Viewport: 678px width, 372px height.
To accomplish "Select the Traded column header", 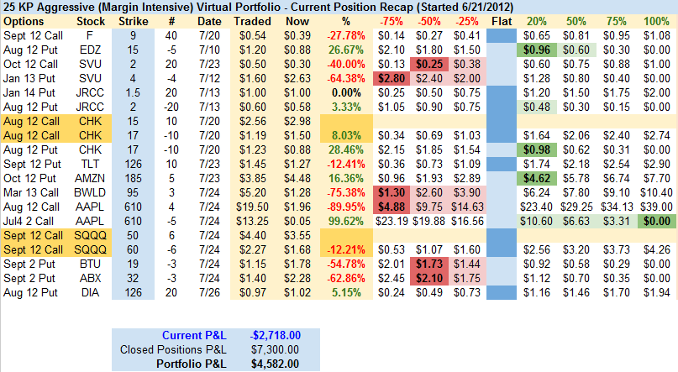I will click(252, 19).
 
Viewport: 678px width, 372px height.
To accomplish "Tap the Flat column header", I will click(502, 19).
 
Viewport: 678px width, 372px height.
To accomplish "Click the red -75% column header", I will click(389, 19).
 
